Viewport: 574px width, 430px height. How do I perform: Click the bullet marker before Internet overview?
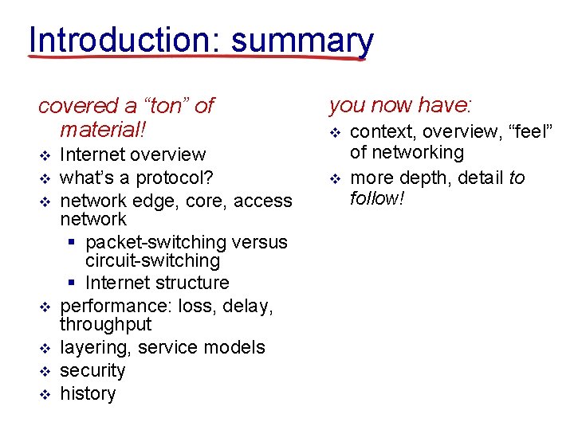point(45,154)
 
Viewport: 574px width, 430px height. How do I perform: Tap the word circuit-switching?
point(152,261)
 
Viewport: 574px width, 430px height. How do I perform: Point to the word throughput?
point(105,325)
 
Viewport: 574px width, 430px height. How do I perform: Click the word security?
point(92,370)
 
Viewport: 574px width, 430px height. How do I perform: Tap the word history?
point(88,393)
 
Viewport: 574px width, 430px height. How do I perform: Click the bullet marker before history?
point(45,394)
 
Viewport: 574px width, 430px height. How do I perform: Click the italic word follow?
point(378,197)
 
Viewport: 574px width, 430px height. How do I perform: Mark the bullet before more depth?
point(335,178)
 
